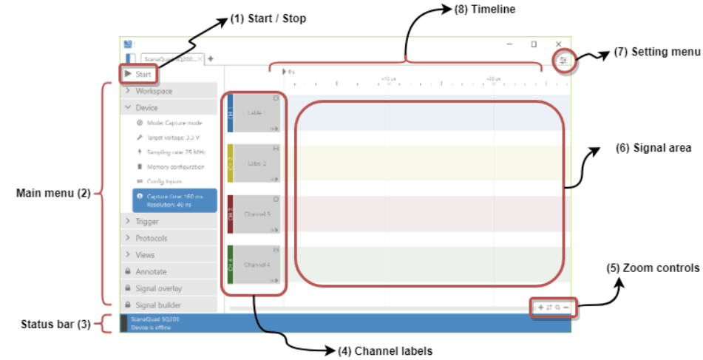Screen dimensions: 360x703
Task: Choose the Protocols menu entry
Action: coord(151,238)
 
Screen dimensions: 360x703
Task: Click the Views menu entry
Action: coord(145,255)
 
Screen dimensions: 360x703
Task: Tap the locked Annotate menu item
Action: coord(151,271)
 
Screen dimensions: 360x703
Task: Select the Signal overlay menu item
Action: coord(158,288)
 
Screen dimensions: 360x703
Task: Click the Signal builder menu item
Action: coord(158,305)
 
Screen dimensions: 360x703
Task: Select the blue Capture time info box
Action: coord(174,200)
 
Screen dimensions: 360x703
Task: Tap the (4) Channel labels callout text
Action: coord(385,350)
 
